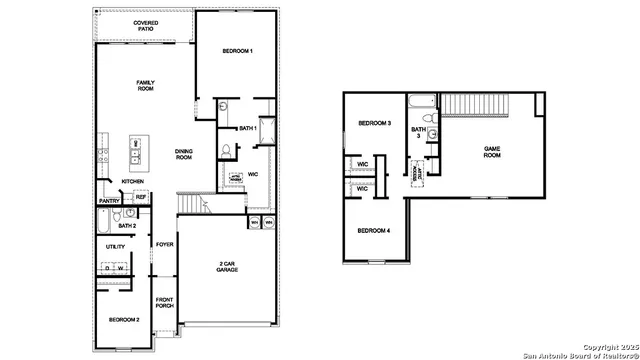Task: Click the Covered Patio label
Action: (146, 26)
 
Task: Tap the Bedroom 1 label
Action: (237, 51)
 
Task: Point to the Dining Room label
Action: (184, 154)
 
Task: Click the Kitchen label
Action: (133, 181)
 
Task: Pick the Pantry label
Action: (109, 201)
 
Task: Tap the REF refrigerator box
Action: (141, 198)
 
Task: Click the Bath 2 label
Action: (126, 226)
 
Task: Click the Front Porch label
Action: (165, 302)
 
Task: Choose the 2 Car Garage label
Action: (227, 267)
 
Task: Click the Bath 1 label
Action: (249, 128)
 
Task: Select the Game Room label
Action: (492, 152)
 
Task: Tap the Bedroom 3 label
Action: (375, 124)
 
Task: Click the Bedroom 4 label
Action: (375, 231)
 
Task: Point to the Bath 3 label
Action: (419, 132)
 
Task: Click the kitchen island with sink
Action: (135, 152)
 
